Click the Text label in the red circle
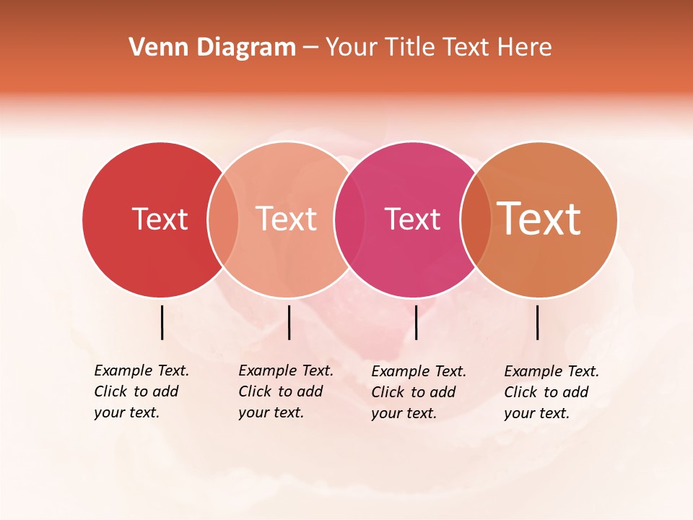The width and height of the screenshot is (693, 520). pyautogui.click(x=160, y=219)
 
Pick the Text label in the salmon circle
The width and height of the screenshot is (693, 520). pyautogui.click(x=287, y=219)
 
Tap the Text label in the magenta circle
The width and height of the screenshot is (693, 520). pyautogui.click(x=412, y=219)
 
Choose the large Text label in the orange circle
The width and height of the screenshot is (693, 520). pyautogui.click(x=539, y=219)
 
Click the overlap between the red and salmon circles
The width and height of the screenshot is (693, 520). pyautogui.click(x=223, y=219)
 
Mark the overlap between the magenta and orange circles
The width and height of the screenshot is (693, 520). pyautogui.click(x=476, y=219)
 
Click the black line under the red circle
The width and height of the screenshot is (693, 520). pyautogui.click(x=162, y=322)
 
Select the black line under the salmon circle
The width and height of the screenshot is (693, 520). pyautogui.click(x=289, y=322)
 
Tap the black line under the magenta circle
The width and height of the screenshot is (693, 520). pyautogui.click(x=416, y=322)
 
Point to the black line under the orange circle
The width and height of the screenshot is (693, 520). pyautogui.click(x=538, y=322)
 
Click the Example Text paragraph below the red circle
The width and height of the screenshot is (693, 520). pyautogui.click(x=141, y=391)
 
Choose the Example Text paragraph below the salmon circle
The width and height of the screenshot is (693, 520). pyautogui.click(x=285, y=391)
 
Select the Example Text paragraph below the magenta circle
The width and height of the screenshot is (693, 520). pyautogui.click(x=418, y=392)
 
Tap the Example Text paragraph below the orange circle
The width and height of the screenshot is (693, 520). pyautogui.click(x=551, y=392)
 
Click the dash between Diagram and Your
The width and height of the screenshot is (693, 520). pyautogui.click(x=310, y=48)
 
